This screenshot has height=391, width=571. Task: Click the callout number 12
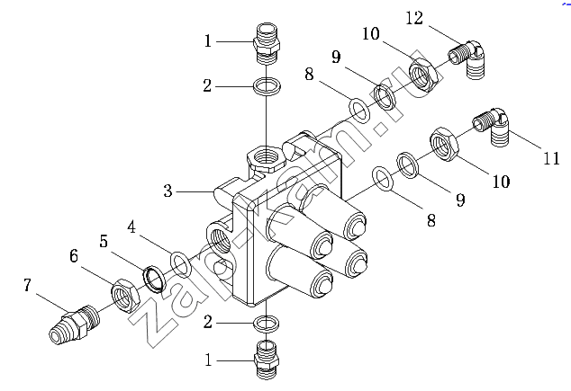pyautogui.click(x=414, y=18)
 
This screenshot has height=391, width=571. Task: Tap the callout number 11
pyautogui.click(x=551, y=158)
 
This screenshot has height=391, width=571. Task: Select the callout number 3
pyautogui.click(x=168, y=191)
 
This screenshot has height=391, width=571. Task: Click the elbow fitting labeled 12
pyautogui.click(x=467, y=58)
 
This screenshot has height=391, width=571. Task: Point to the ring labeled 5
pyautogui.click(x=155, y=279)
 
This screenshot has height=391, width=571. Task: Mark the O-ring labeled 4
pyautogui.click(x=180, y=263)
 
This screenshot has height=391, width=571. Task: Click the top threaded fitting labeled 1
pyautogui.click(x=267, y=44)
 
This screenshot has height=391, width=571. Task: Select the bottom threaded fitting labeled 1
pyautogui.click(x=267, y=360)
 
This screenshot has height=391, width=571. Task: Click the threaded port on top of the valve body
pyautogui.click(x=266, y=157)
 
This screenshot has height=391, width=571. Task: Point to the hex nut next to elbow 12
pyautogui.click(x=422, y=75)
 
